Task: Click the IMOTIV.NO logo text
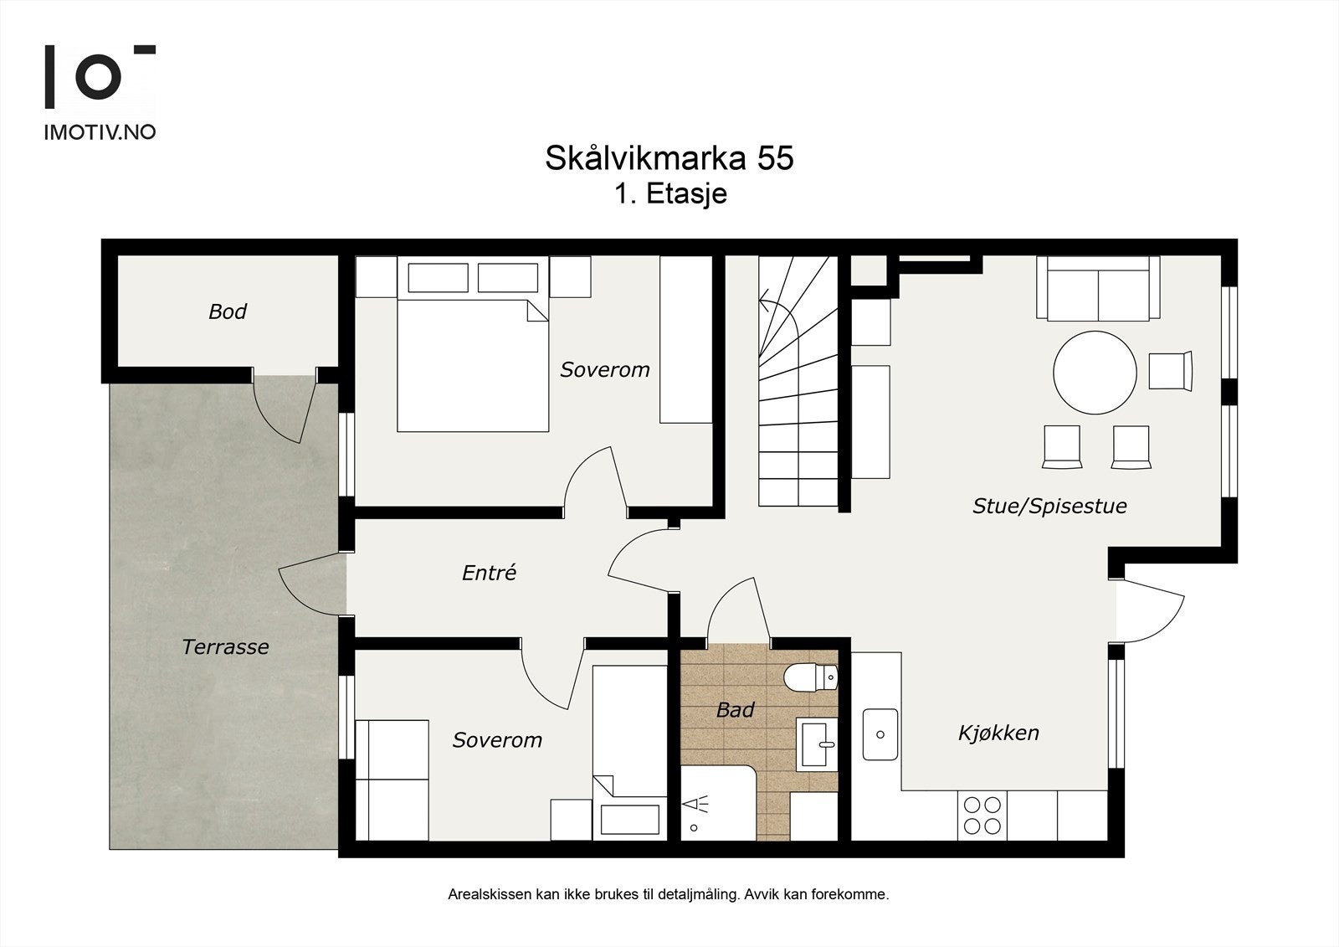pos(99,132)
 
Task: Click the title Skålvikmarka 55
pos(669,158)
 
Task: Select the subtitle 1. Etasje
pos(669,194)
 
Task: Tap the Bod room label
pos(228,311)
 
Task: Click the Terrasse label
pos(225,646)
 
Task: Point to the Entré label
pos(489,573)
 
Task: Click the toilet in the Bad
pos(810,677)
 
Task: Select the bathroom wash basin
pos(816,743)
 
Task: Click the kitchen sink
pos(880,734)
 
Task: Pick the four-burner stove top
pos(982,815)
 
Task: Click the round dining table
pos(1095,373)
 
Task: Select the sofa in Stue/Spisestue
pos(1098,289)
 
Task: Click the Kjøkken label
pos(998,733)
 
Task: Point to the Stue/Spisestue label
pos(1049,506)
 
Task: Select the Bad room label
pos(735,710)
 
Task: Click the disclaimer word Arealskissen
pos(490,894)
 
